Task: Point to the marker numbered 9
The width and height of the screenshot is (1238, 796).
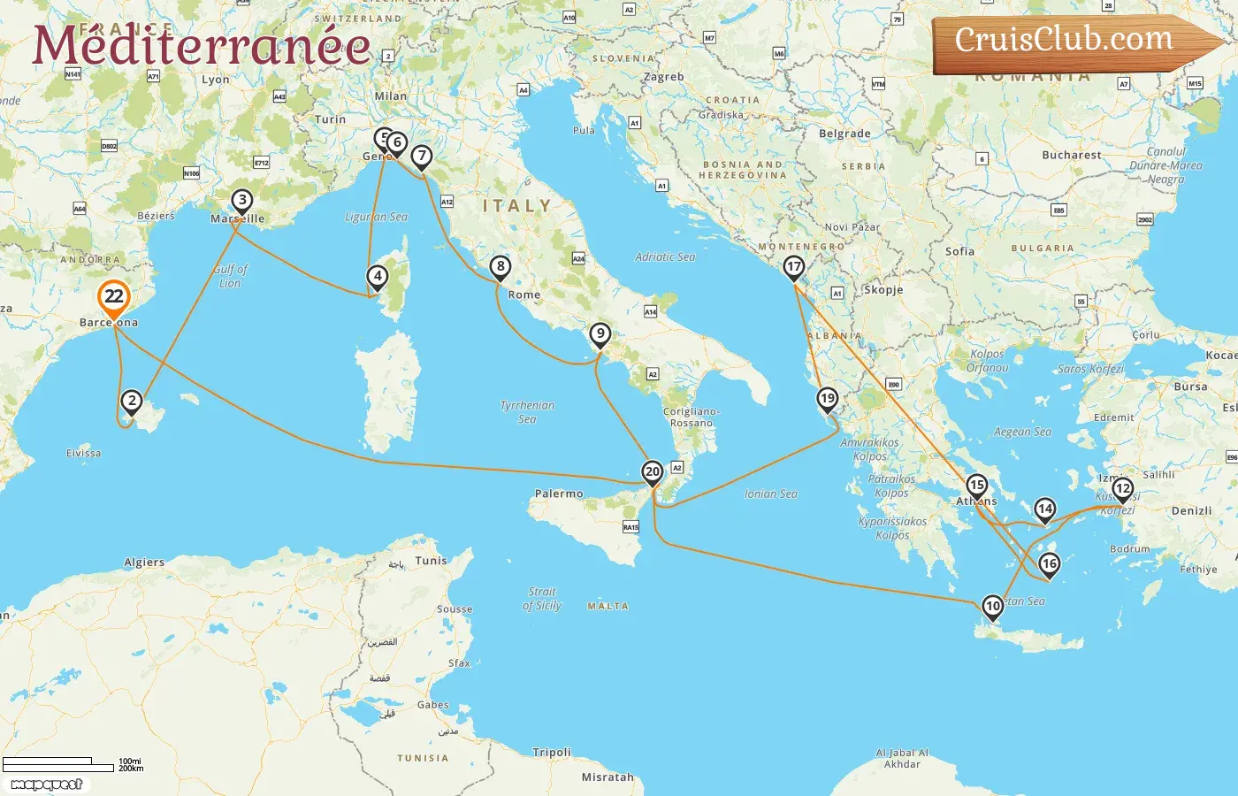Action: (x=600, y=334)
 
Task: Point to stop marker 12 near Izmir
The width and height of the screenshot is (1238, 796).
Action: (x=1122, y=489)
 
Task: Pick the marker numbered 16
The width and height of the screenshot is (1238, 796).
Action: (x=1049, y=564)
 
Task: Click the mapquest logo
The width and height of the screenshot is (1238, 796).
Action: (x=47, y=784)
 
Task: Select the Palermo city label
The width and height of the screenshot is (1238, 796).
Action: (x=559, y=494)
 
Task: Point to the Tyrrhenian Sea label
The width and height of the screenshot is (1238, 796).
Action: (x=527, y=411)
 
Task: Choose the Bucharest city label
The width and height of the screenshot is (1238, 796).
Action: (x=1072, y=155)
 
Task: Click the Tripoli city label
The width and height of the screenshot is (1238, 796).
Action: (x=552, y=753)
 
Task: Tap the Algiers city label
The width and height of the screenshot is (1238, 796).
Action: (x=144, y=562)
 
